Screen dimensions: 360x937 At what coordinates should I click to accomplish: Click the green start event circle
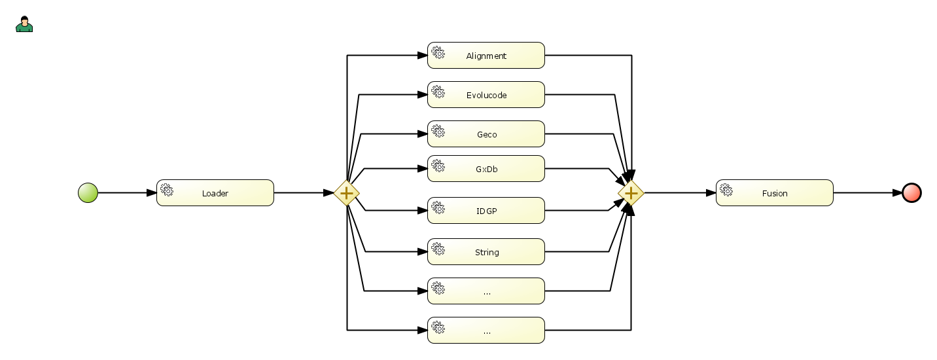88,193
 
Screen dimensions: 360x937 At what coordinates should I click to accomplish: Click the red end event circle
911,193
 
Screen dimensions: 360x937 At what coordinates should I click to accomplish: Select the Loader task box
215,193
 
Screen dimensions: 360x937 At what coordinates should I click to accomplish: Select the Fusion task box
774,193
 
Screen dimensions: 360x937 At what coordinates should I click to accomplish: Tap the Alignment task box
486,56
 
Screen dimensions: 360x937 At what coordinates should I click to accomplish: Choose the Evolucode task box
486,95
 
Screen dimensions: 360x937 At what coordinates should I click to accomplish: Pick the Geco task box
486,134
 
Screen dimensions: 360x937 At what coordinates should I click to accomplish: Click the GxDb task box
486,169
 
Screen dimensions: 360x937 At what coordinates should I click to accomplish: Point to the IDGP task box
486,211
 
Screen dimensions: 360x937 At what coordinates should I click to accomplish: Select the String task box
486,252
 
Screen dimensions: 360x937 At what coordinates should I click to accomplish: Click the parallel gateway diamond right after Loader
346,193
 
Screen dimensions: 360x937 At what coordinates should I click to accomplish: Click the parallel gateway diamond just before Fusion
631,193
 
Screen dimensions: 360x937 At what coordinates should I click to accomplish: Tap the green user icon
24,24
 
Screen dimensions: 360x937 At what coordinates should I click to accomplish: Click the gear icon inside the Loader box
167,190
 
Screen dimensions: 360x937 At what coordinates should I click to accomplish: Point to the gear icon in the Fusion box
726,190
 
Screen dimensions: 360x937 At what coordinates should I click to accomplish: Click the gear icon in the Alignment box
438,52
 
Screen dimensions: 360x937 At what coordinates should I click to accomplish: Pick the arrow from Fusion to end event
867,193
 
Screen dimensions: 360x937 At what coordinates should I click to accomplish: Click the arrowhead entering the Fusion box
711,193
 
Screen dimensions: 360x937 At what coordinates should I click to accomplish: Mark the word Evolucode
486,96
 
